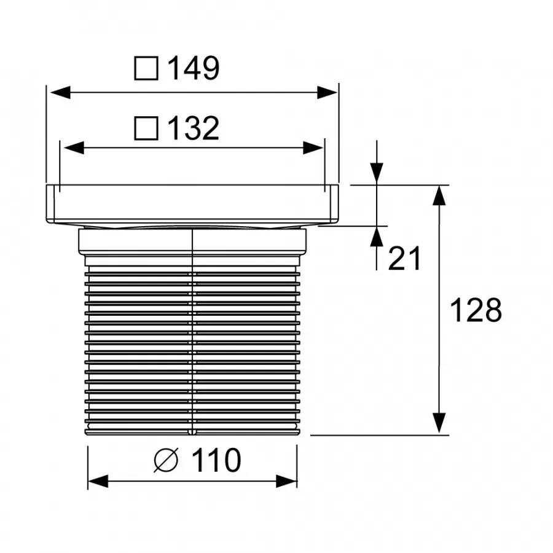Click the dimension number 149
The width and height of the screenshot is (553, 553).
[x=194, y=68]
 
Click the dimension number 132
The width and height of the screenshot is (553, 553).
[x=194, y=128]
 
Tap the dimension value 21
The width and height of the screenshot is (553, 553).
[x=404, y=259]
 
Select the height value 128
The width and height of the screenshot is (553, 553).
[x=476, y=310]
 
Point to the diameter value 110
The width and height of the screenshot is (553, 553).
[x=216, y=460]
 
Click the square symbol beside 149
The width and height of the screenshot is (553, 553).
[x=146, y=68]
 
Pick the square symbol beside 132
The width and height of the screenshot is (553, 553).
[x=146, y=128]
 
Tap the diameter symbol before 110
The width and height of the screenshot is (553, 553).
[x=166, y=460]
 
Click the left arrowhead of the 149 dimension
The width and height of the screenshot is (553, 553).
[x=60, y=92]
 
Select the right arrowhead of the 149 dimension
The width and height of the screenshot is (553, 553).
[x=327, y=92]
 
